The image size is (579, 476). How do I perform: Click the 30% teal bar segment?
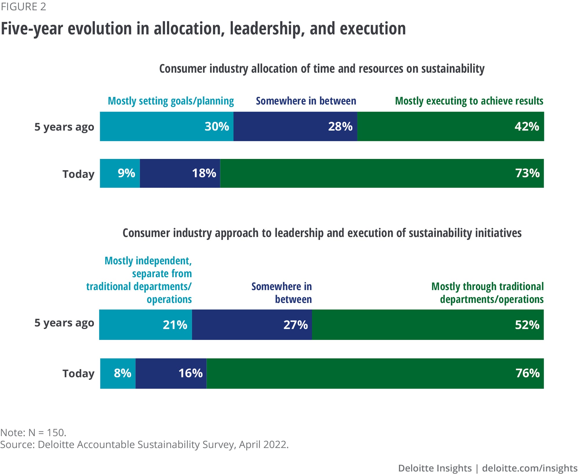pyautogui.click(x=166, y=127)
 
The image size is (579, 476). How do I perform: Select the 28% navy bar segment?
pyautogui.click(x=295, y=127)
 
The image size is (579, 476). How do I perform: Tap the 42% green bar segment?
pyautogui.click(x=450, y=127)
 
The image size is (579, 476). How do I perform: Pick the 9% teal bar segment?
pyautogui.click(x=120, y=173)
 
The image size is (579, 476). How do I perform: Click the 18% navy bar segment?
pyautogui.click(x=180, y=173)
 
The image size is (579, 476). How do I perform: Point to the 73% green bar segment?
pyautogui.click(x=382, y=173)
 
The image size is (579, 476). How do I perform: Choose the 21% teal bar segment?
pyautogui.click(x=145, y=325)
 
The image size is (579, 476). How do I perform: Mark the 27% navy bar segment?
pyautogui.click(x=252, y=325)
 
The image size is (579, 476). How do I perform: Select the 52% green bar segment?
pyautogui.click(x=428, y=325)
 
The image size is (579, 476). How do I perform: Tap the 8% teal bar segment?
pyautogui.click(x=118, y=374)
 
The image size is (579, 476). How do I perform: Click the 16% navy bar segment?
pyautogui.click(x=171, y=374)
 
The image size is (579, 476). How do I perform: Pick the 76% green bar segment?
pyautogui.click(x=375, y=374)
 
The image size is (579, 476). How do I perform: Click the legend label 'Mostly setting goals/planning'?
pyautogui.click(x=171, y=101)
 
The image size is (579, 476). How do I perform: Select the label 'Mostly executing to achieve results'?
pyautogui.click(x=469, y=101)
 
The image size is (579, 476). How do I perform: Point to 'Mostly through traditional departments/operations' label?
pyautogui.click(x=488, y=293)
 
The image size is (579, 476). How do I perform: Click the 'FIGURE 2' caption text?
pyautogui.click(x=23, y=7)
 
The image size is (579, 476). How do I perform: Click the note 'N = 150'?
pyautogui.click(x=47, y=432)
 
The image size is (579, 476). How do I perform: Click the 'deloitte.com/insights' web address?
pyautogui.click(x=529, y=468)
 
